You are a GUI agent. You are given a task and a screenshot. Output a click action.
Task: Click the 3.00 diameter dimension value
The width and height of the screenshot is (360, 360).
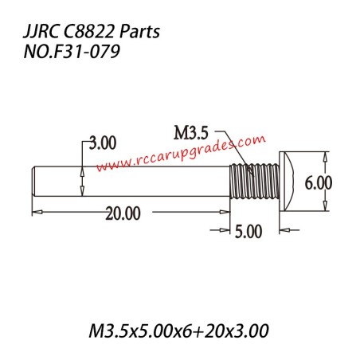(101, 143)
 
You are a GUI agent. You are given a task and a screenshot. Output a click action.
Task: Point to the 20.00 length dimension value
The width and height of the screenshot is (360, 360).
(122, 213)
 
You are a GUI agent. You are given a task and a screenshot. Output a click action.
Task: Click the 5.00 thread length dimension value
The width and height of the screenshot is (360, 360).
(248, 232)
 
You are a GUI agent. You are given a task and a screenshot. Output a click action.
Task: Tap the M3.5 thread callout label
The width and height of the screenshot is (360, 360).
(194, 130)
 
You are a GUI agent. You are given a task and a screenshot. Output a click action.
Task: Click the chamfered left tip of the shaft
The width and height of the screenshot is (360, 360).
(34, 181)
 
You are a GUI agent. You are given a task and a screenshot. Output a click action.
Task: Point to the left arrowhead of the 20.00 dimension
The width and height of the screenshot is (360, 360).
(36, 212)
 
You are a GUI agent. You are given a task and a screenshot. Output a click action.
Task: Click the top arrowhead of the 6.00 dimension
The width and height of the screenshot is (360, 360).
(324, 156)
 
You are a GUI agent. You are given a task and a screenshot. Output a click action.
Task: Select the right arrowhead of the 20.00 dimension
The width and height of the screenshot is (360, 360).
(227, 212)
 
